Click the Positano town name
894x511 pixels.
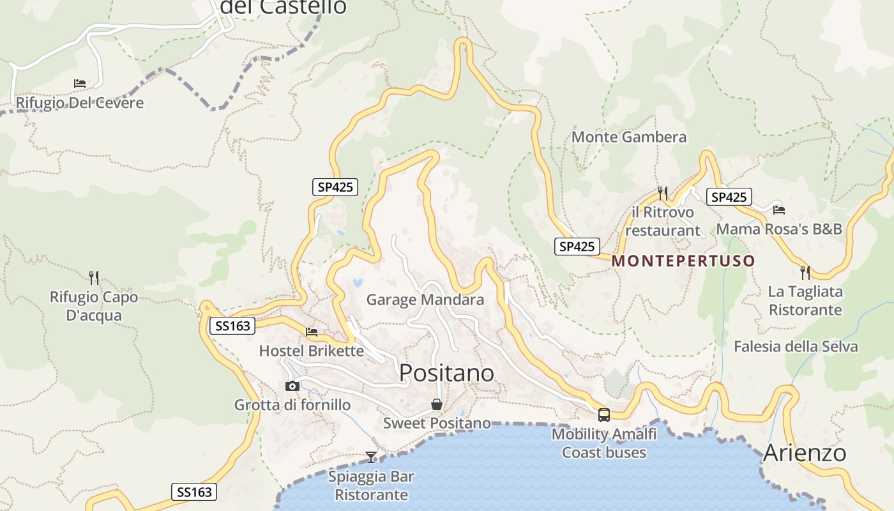[446, 373]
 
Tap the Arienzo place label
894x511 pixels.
[805, 453]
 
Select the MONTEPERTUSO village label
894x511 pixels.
[683, 261]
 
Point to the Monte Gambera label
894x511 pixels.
[629, 137]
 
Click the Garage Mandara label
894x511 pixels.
[425, 300]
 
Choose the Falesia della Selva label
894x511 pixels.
[796, 346]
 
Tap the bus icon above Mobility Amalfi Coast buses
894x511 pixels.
[604, 415]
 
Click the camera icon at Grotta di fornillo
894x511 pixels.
[292, 386]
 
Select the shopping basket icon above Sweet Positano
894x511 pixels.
[437, 404]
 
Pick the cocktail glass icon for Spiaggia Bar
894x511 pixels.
[371, 457]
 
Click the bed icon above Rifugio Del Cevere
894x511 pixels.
[80, 84]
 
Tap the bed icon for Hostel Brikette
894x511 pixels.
[312, 332]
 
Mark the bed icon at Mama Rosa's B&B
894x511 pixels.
[779, 210]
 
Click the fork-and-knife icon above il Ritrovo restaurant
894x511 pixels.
[663, 193]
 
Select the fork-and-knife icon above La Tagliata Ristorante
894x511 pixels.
[805, 273]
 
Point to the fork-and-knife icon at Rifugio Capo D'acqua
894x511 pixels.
[94, 277]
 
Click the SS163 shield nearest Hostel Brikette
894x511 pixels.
[232, 326]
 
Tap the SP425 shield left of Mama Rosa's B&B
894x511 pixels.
[729, 197]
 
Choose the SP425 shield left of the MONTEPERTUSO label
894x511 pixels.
[577, 246]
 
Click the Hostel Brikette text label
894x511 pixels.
[312, 351]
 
